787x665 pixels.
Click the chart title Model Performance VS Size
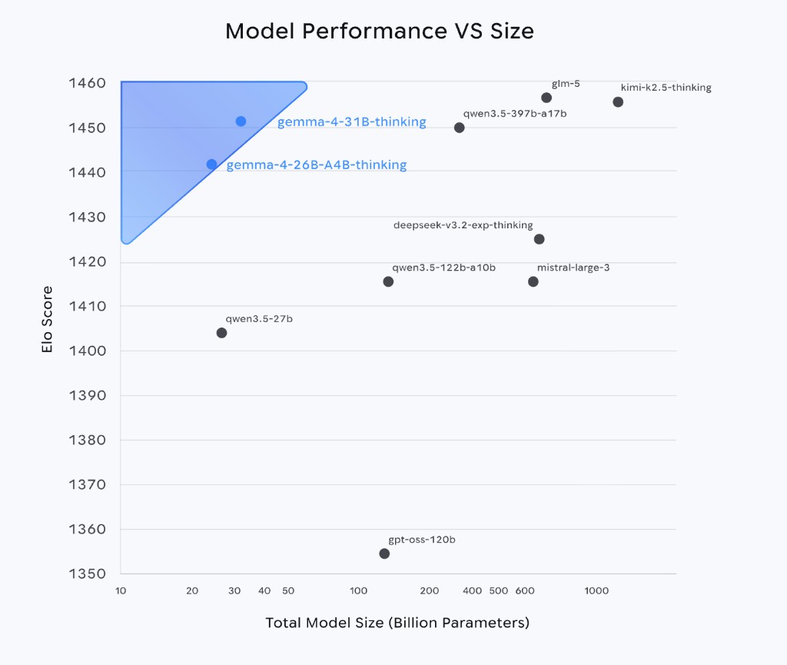coord(379,32)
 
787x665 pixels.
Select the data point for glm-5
coord(546,98)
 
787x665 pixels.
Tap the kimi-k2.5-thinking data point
coord(618,102)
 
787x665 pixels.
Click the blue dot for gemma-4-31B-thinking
coord(241,121)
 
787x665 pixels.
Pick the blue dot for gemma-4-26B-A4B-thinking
coord(211,165)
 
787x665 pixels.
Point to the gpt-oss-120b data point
coord(384,554)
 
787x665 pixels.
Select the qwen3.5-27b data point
coord(221,333)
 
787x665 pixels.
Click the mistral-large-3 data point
coord(533,281)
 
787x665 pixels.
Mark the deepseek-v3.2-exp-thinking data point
coord(539,239)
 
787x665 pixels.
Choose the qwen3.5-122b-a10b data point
coord(388,281)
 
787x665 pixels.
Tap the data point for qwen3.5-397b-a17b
coord(459,128)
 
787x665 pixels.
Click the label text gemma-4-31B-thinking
coord(351,122)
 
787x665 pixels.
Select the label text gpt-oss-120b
coord(422,540)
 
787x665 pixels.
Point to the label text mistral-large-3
coord(573,268)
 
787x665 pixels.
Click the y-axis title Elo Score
coord(48,320)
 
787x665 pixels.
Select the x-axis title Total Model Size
coord(397,623)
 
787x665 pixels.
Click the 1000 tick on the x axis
coord(596,590)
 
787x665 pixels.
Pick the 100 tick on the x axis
coord(359,590)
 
